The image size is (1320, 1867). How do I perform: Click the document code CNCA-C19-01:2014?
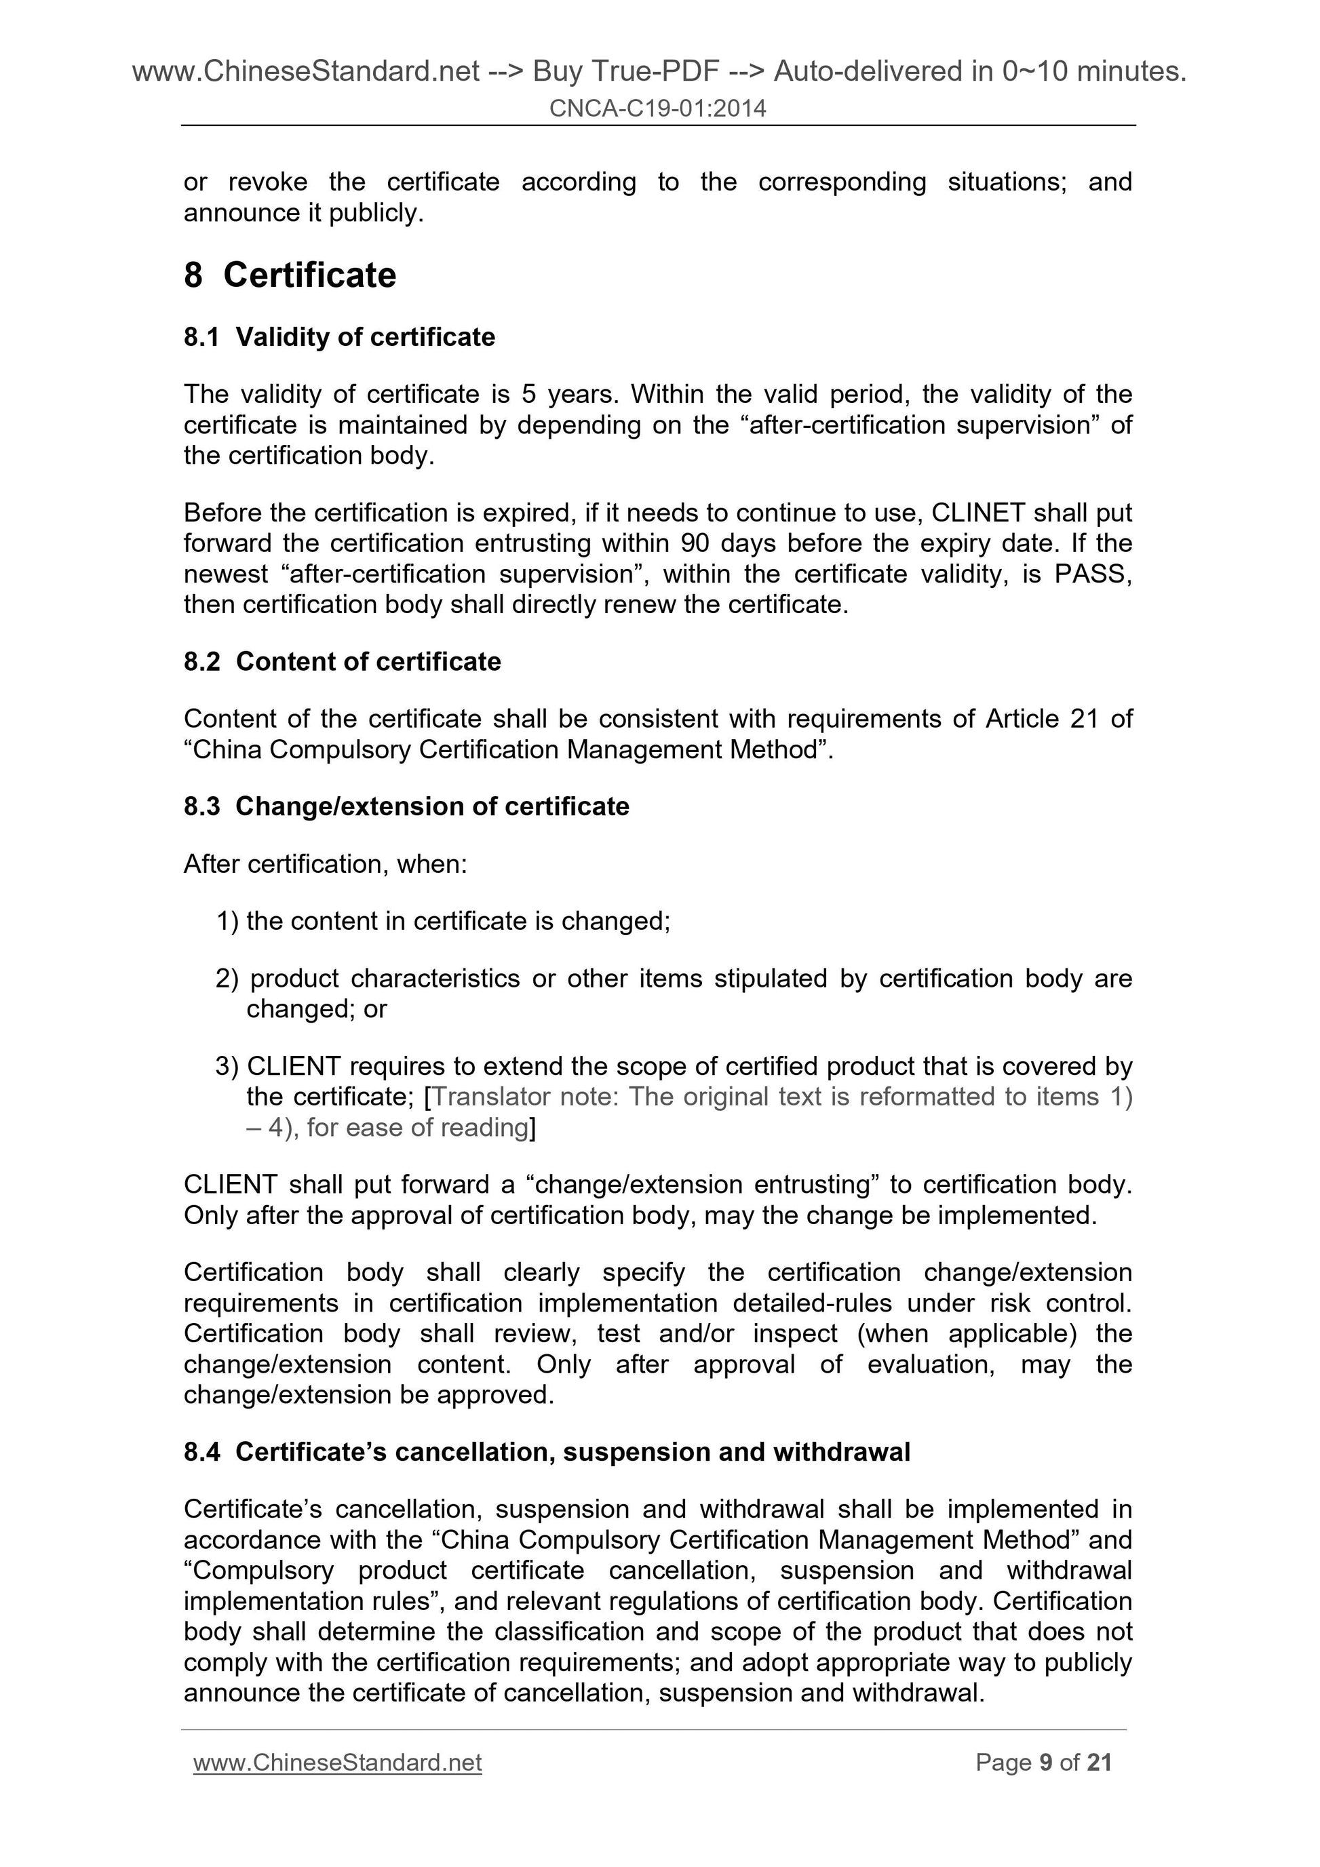[657, 108]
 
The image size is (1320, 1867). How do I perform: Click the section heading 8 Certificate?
[290, 275]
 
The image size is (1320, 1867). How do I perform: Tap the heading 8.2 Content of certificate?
[342, 661]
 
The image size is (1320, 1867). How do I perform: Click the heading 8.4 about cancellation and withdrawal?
[547, 1451]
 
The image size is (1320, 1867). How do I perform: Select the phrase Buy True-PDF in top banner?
[625, 72]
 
